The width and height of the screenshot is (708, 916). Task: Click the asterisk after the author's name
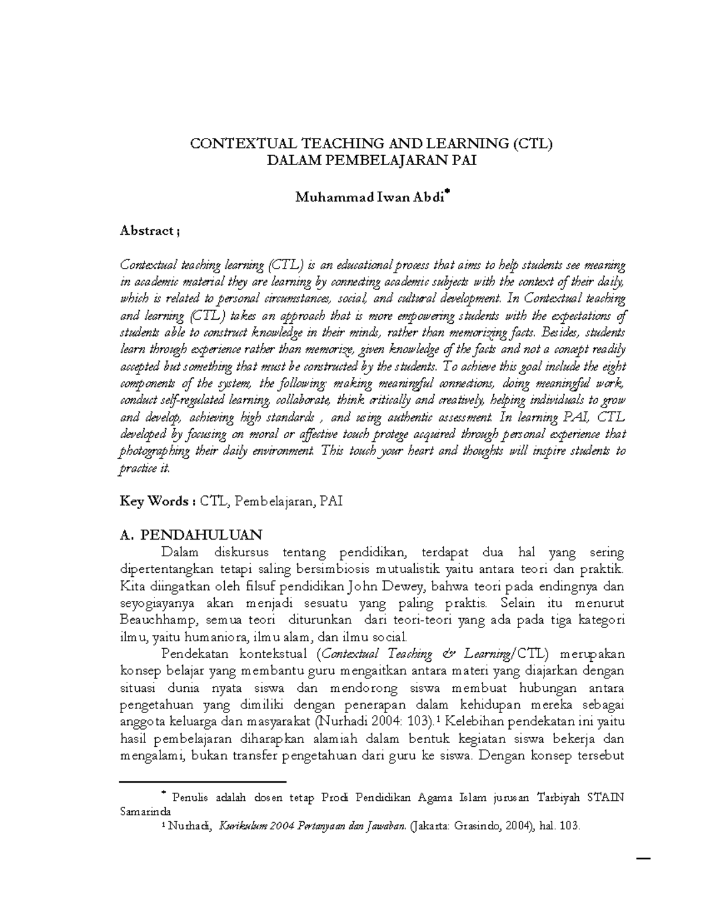pyautogui.click(x=448, y=192)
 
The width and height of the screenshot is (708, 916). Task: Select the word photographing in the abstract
pyautogui.click(x=155, y=452)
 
